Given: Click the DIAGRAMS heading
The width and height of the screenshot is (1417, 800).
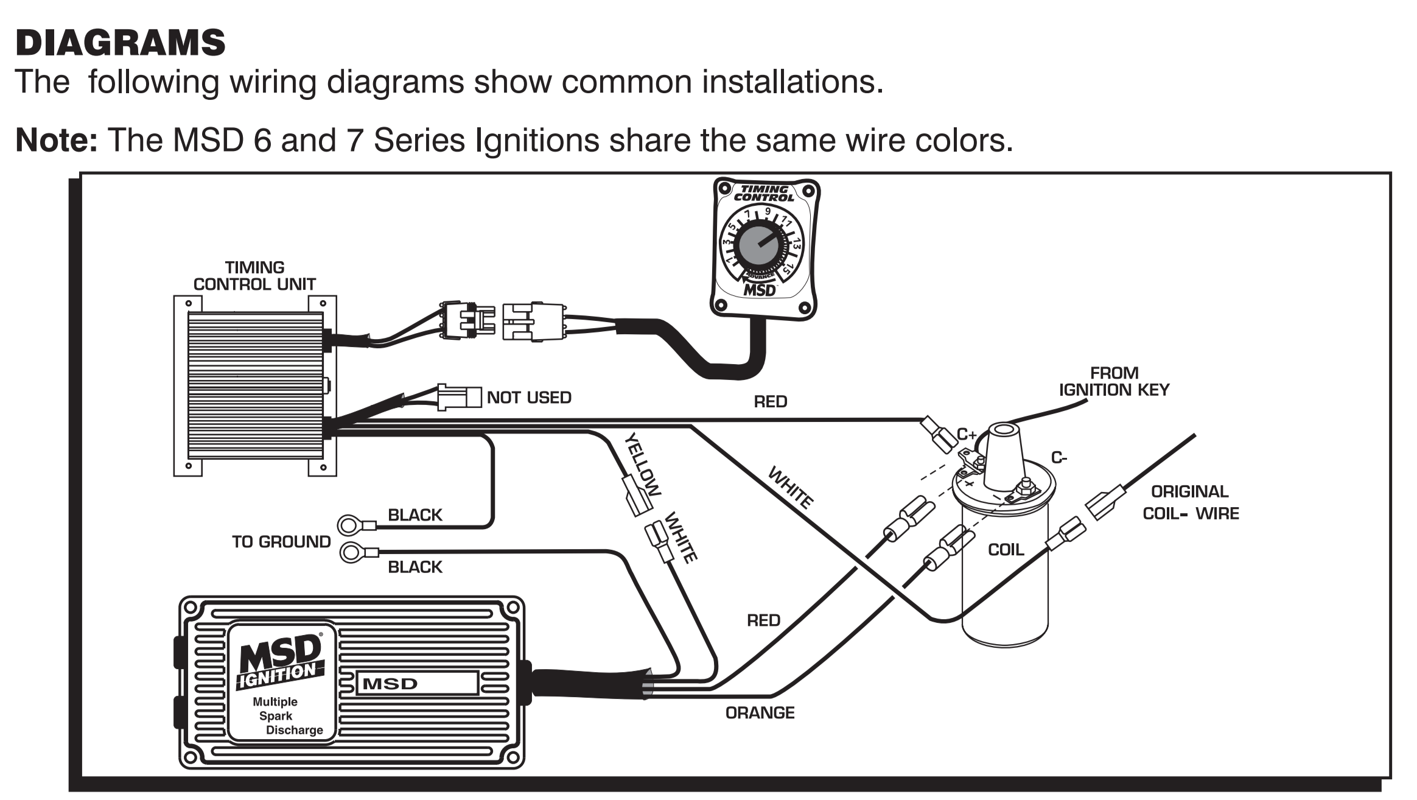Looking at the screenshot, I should point(120,43).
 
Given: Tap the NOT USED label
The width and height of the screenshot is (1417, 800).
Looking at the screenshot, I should point(529,398).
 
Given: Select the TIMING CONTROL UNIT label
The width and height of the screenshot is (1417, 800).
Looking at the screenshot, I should point(254,276).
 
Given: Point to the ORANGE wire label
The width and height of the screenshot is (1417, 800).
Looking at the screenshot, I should point(760,713).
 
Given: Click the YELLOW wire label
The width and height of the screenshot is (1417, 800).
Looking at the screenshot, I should point(643,464).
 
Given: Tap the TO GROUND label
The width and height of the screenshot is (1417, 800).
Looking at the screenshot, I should point(281,542).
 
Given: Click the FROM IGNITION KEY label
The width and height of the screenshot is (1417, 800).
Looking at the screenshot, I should point(1114,382).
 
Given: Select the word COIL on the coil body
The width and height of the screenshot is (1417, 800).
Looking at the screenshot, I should point(1006,550).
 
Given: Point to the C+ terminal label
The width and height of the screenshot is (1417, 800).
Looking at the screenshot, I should point(967,435).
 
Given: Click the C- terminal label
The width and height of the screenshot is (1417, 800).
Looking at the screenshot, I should point(1059,458).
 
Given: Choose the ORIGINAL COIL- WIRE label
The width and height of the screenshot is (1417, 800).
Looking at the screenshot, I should point(1190,503).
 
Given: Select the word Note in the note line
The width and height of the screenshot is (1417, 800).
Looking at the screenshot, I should point(56,141).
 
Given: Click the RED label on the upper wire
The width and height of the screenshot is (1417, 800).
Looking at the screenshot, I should point(770,402).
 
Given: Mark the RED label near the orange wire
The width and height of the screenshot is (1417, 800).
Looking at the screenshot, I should point(763,620).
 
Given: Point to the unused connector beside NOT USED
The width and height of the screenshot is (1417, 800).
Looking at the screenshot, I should point(459,397).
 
